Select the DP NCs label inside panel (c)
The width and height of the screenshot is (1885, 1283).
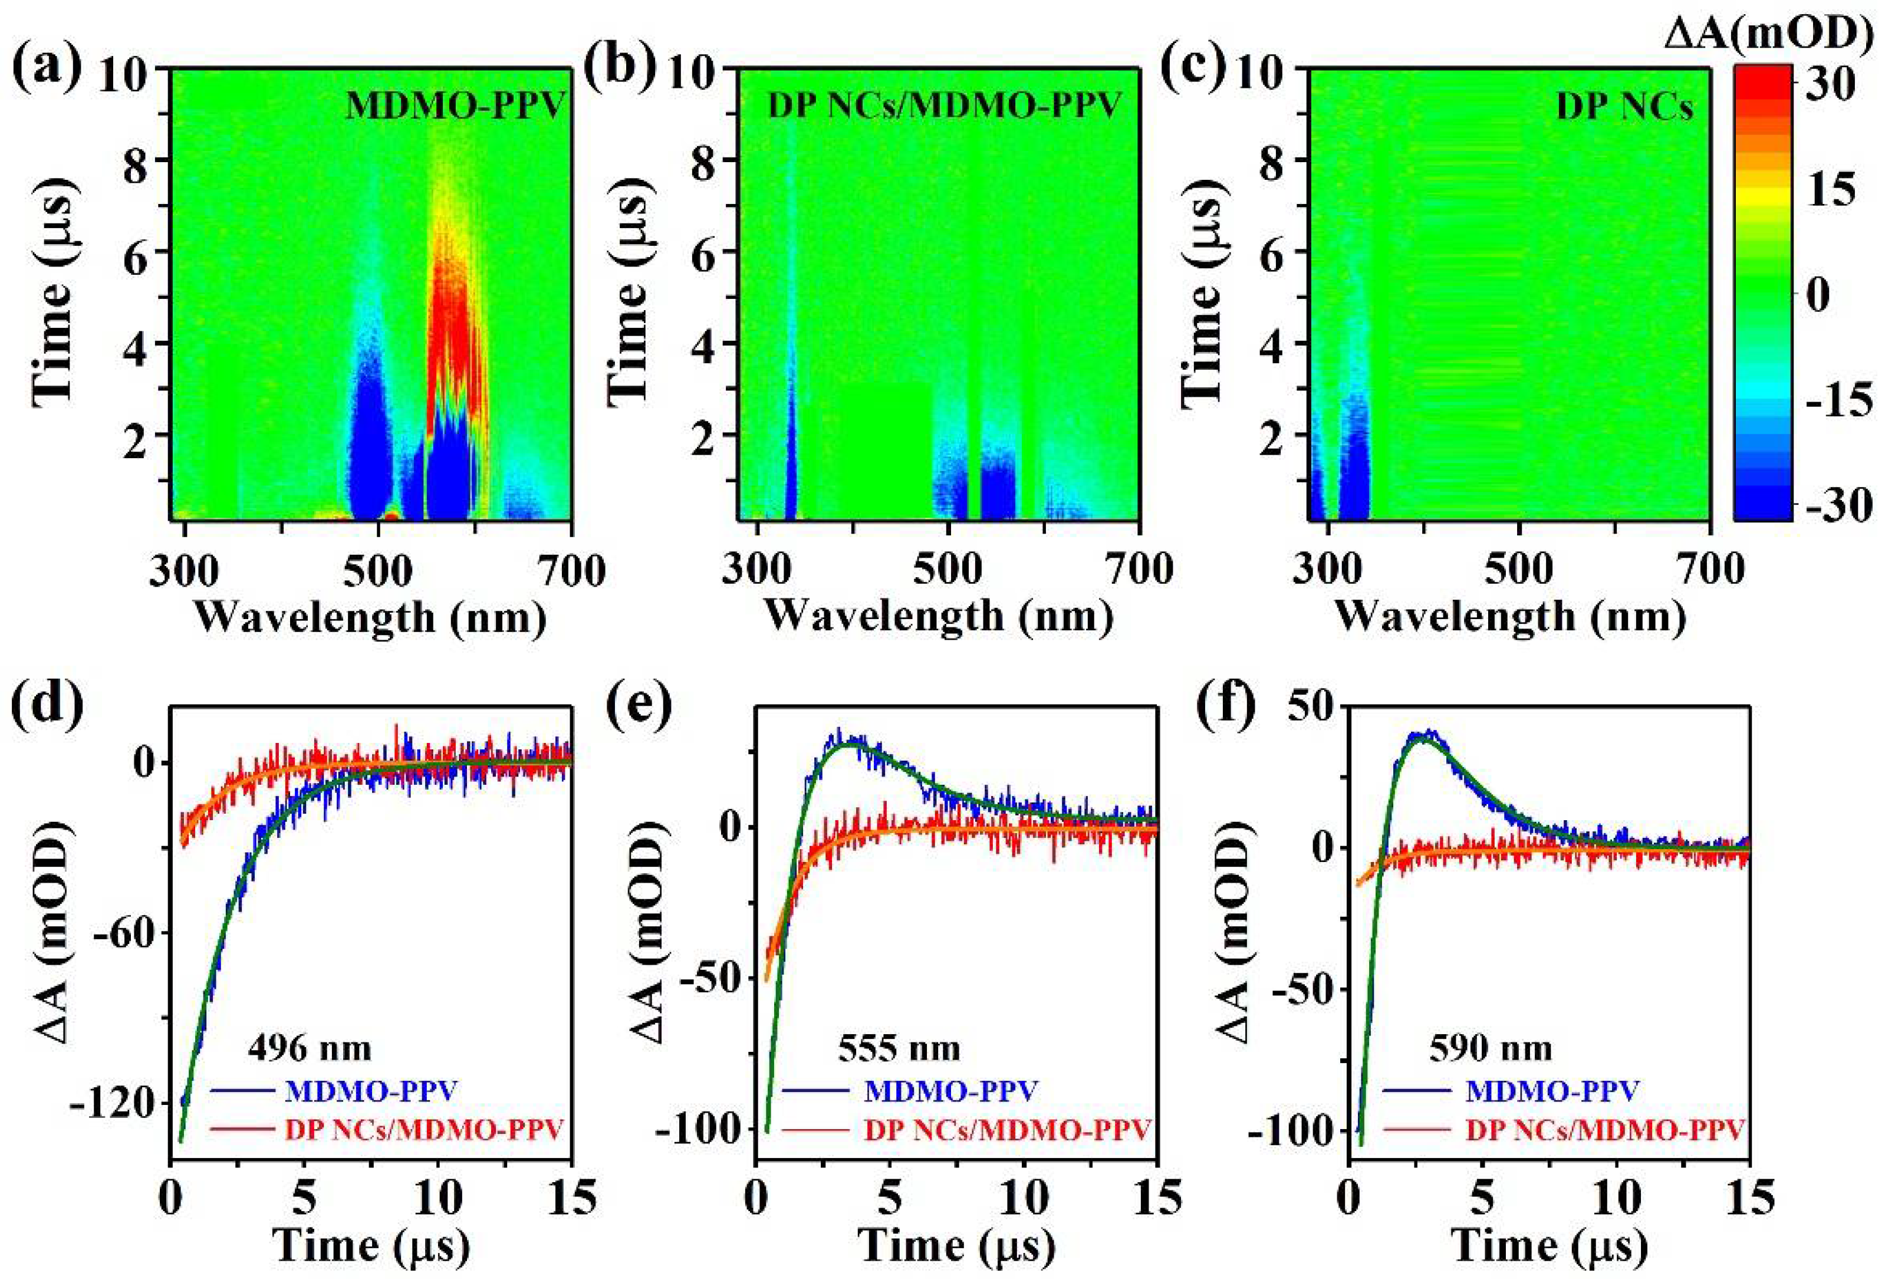tap(1624, 106)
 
